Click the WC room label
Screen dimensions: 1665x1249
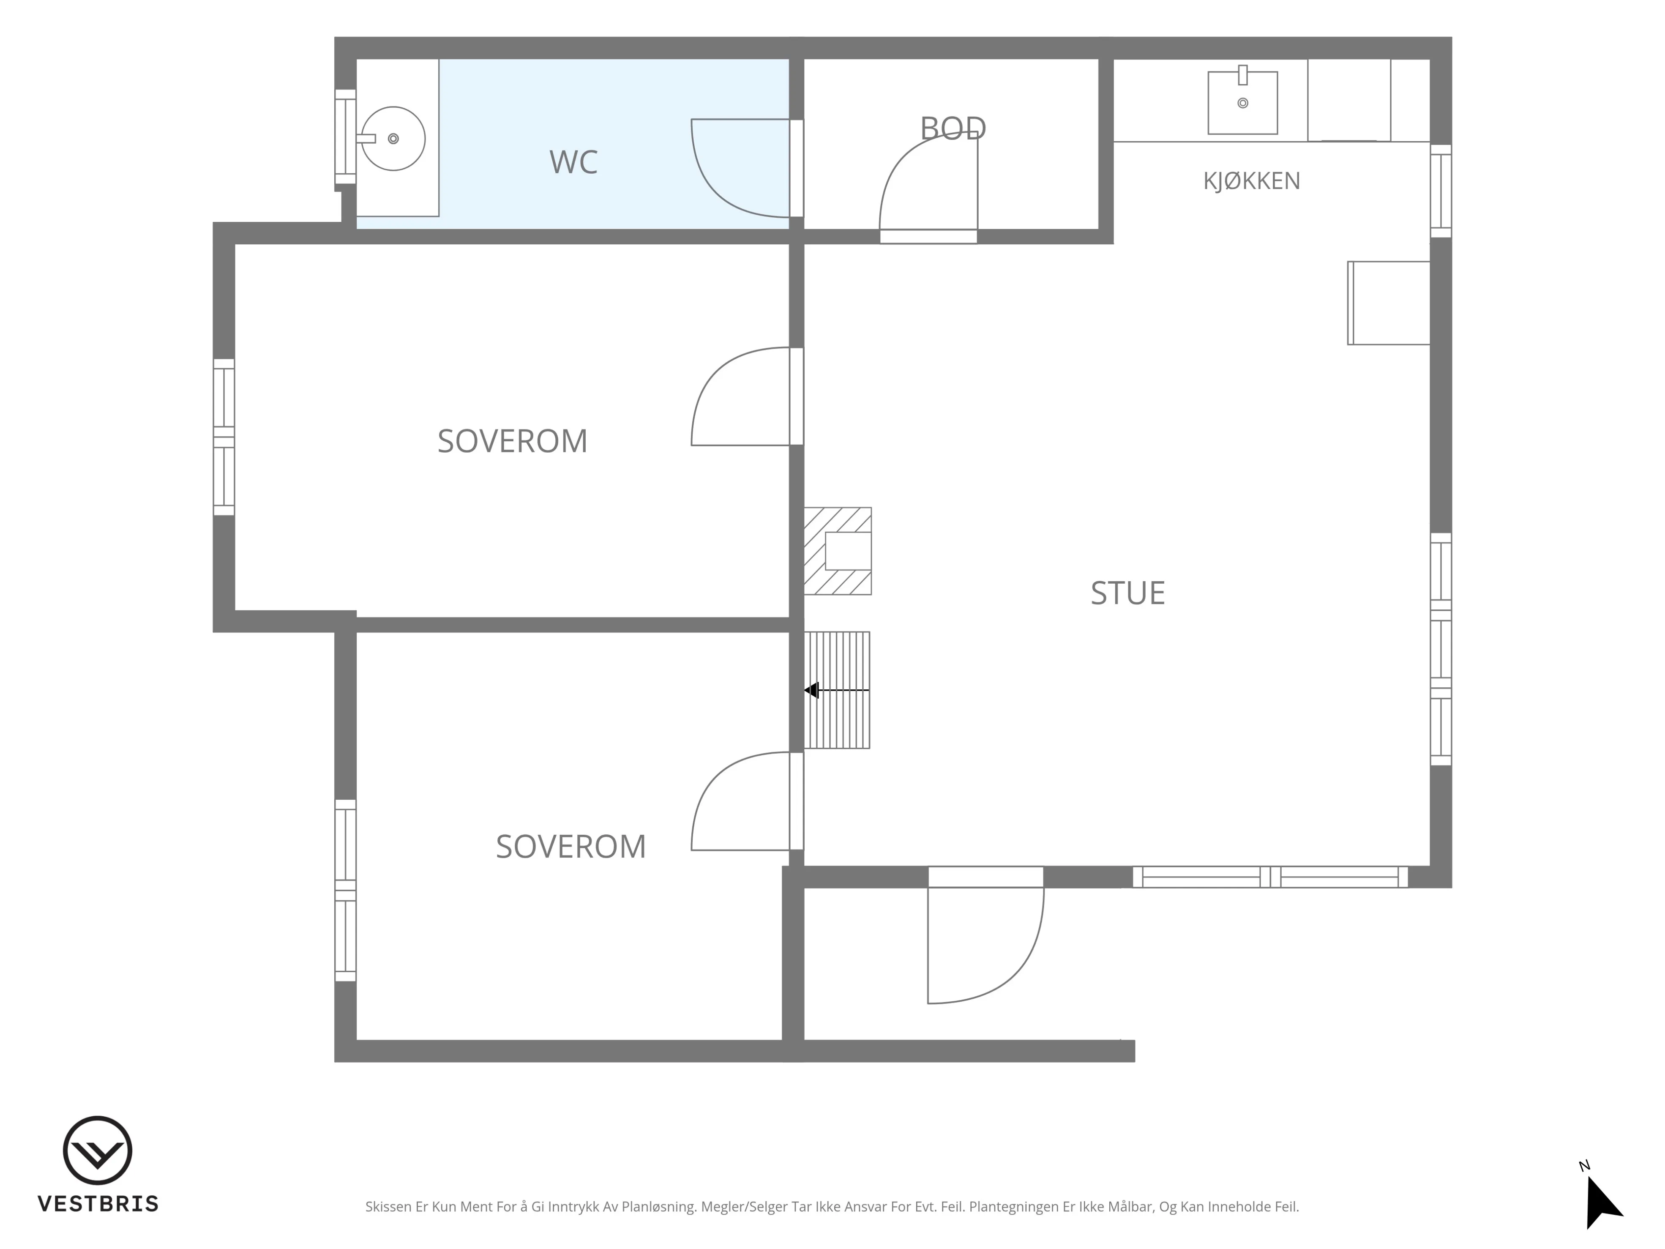(573, 162)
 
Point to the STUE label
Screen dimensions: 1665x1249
(1127, 593)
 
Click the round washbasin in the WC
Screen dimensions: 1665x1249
(393, 139)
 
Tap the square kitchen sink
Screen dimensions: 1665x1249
(1243, 102)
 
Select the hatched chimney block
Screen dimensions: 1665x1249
(838, 551)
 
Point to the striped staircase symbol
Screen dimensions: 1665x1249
(837, 690)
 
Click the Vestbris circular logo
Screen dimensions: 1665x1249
(98, 1151)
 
